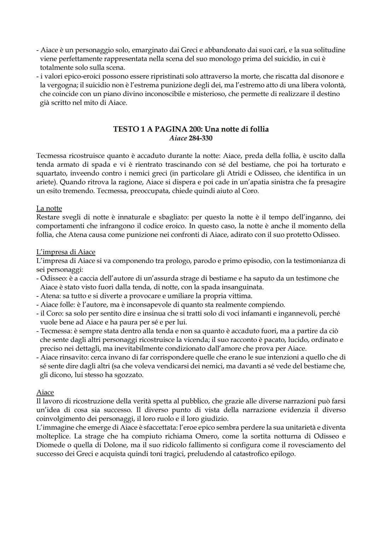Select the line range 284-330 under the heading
click(x=201, y=138)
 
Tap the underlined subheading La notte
click(x=49, y=208)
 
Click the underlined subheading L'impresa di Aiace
click(x=66, y=252)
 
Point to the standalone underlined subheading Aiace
click(x=45, y=393)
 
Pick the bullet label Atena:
click(x=50, y=296)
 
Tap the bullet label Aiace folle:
click(x=57, y=304)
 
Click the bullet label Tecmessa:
click(x=57, y=331)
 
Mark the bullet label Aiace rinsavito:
click(x=62, y=357)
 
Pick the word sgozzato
click(x=129, y=375)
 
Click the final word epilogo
click(x=283, y=454)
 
